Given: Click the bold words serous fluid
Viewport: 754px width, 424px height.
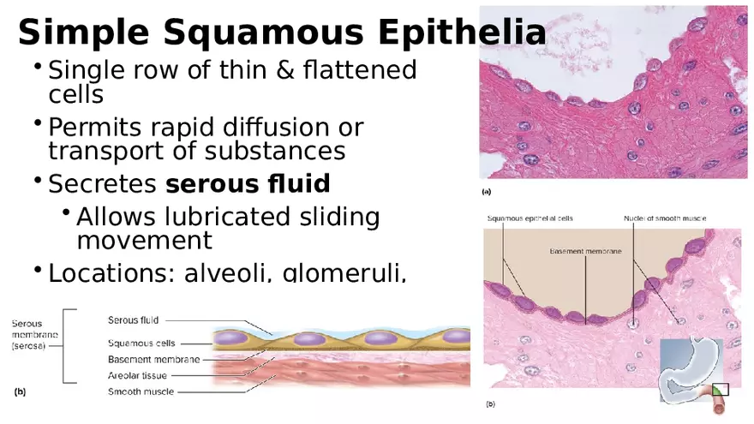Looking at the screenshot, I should (248, 183).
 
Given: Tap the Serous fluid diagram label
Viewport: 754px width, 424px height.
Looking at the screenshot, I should (133, 320).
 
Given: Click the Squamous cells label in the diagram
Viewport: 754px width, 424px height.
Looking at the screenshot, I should (141, 343).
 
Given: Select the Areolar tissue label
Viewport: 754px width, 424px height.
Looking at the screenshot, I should (138, 375).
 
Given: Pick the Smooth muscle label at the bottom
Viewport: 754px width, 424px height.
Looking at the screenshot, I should (141, 391).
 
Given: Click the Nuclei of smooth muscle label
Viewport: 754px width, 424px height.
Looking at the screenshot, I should (664, 218).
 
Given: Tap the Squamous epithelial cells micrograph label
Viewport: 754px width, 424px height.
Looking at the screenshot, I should (530, 218).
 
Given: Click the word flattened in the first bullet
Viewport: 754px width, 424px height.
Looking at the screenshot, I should (361, 69).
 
